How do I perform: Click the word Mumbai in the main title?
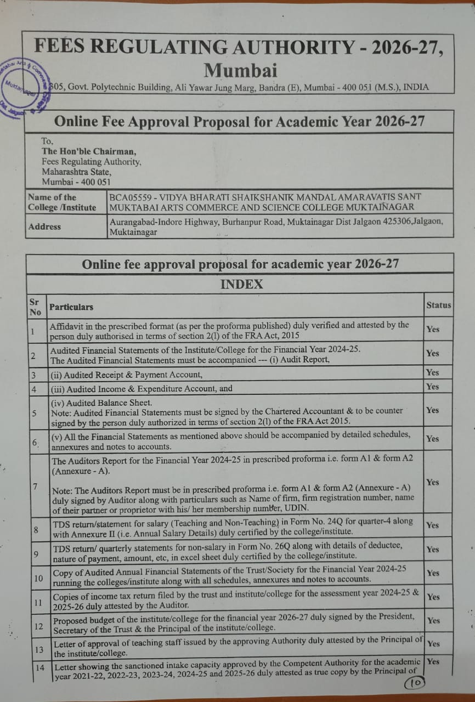click(x=240, y=71)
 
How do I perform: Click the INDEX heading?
click(x=241, y=284)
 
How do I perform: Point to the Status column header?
click(x=438, y=305)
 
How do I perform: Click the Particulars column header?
click(x=71, y=307)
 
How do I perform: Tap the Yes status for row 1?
click(x=433, y=329)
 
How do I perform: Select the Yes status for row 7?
click(x=433, y=482)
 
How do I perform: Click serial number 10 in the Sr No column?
click(x=38, y=578)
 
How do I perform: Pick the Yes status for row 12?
click(x=433, y=620)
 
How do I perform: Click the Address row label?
click(x=44, y=227)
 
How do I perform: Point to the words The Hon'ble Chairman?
click(x=89, y=151)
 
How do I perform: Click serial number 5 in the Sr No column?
click(x=34, y=412)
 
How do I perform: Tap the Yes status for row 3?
click(x=433, y=372)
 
